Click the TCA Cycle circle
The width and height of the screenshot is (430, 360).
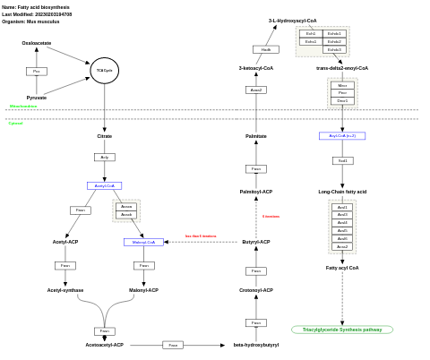[104, 70]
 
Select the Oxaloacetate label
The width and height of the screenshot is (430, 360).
[37, 43]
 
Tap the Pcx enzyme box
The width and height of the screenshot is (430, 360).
[37, 71]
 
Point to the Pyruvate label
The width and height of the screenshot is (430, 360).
[37, 98]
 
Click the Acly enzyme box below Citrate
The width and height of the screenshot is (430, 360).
[104, 157]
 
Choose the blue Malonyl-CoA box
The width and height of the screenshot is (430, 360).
[143, 242]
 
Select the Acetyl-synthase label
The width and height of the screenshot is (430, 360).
[65, 290]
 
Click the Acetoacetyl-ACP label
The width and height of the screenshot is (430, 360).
[104, 345]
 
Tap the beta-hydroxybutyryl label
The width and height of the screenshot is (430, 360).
[256, 345]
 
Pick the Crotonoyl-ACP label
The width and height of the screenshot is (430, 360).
[256, 290]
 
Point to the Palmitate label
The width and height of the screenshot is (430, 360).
[256, 136]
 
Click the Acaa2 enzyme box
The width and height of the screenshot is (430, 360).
[256, 90]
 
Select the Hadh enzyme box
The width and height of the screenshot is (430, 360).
[265, 49]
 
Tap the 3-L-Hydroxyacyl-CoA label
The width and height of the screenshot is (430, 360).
[292, 21]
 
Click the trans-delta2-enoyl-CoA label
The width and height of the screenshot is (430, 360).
[342, 68]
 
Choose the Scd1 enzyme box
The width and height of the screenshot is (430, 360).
[342, 160]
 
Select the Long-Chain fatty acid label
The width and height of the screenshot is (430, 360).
[342, 192]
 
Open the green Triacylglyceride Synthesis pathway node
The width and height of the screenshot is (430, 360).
[342, 330]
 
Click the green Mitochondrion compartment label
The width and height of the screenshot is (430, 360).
[23, 107]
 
